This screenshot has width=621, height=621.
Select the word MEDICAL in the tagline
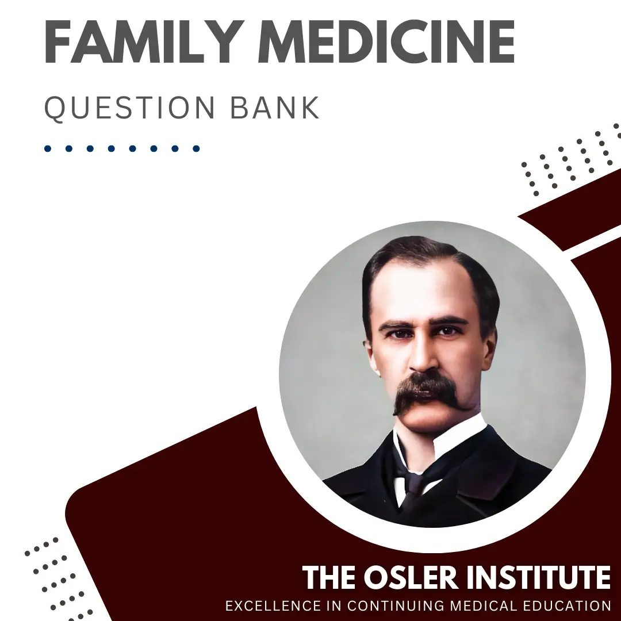(x=484, y=605)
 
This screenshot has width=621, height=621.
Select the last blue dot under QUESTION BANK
(x=196, y=148)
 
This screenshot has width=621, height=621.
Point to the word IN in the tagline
(x=333, y=605)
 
